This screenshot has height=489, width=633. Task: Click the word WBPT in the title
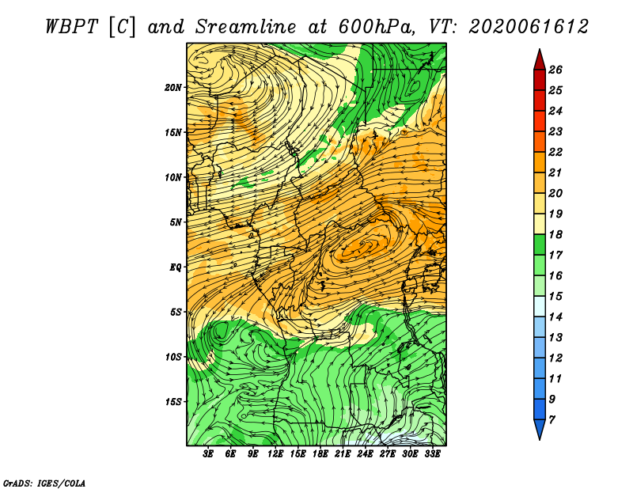[x=71, y=27]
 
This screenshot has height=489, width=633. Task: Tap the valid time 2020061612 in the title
[x=529, y=27]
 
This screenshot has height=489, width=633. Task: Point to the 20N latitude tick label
[x=173, y=87]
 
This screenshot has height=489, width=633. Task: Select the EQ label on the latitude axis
[x=175, y=267]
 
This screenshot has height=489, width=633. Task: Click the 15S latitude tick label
[x=173, y=402]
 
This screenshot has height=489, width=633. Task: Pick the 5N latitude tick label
[x=176, y=222]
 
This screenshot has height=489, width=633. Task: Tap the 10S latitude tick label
[x=173, y=357]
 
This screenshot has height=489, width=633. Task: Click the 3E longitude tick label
[x=208, y=454]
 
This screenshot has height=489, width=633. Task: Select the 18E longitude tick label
[x=320, y=454]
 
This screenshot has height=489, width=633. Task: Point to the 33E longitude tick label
[x=432, y=454]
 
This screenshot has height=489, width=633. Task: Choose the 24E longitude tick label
[x=365, y=454]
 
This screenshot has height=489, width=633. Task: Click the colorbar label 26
[x=555, y=70]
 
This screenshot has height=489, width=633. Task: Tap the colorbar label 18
[x=555, y=234]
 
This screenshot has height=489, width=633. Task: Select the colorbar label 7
[x=552, y=420]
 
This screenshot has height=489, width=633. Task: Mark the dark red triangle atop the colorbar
[x=540, y=61]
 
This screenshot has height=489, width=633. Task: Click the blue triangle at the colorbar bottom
[x=540, y=428]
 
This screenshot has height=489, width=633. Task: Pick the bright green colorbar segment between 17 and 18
[x=540, y=244]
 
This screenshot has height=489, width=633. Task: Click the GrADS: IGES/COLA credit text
[x=44, y=483]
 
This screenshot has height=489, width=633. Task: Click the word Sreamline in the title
[x=246, y=27]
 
